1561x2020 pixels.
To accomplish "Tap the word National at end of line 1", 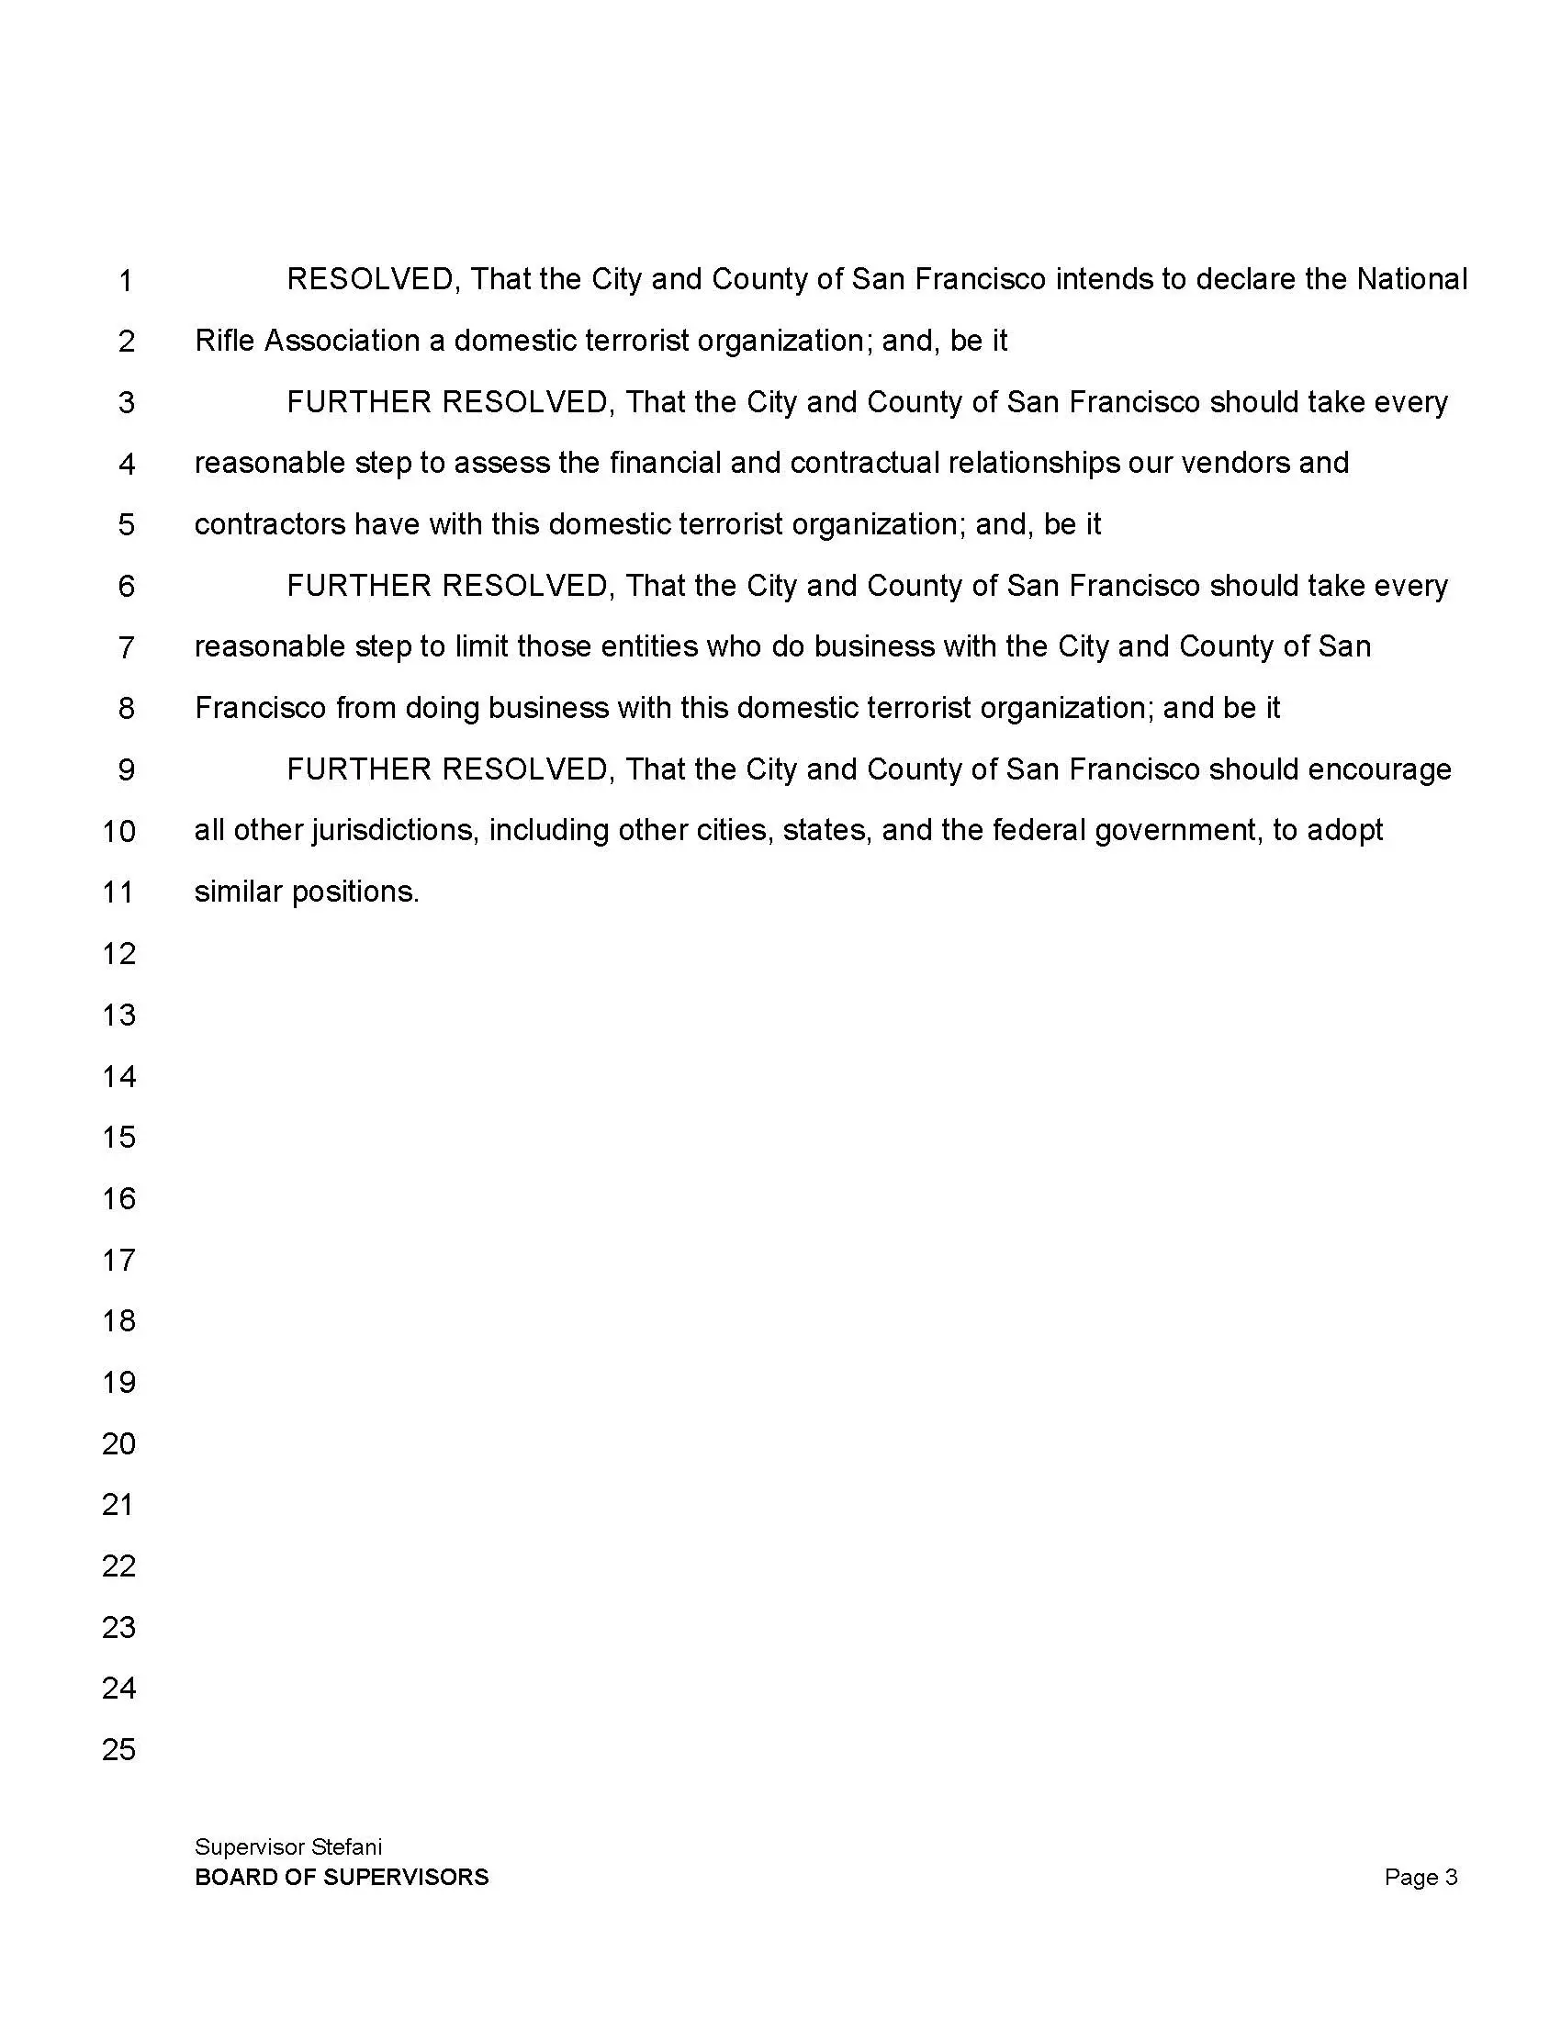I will [1411, 279].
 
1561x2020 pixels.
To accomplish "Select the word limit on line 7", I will [481, 645].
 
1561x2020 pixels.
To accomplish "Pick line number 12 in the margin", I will [118, 954].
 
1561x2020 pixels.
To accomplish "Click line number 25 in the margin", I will [118, 1749].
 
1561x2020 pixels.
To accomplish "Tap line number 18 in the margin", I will [118, 1320].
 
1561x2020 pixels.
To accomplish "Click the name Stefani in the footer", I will [347, 1847].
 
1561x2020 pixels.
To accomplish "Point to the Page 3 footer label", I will [1421, 1877].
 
